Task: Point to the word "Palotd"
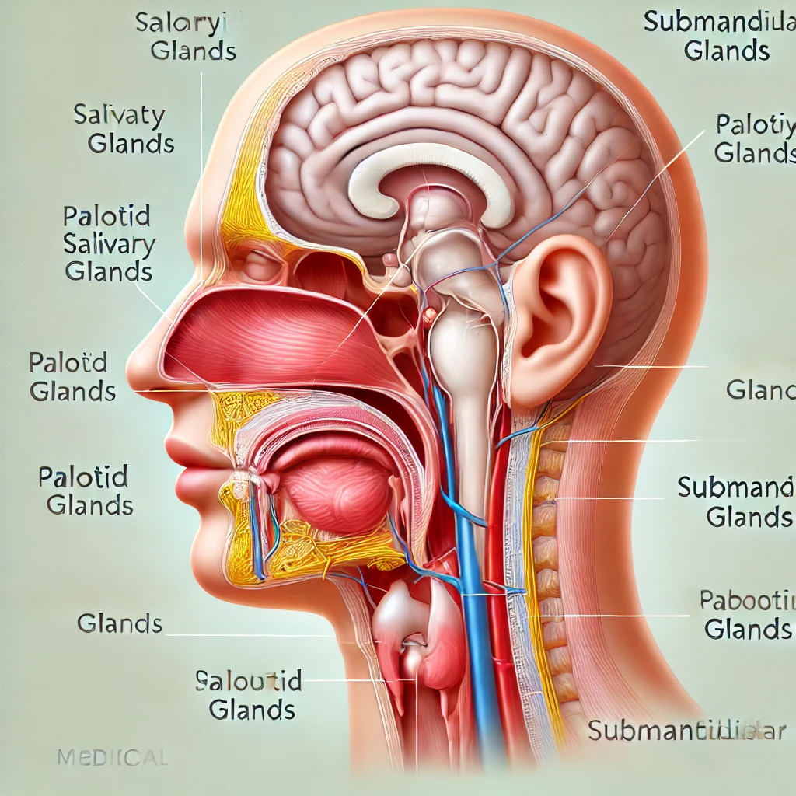pos(68,362)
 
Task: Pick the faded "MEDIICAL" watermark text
pos(112,756)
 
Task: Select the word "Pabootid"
pos(746,600)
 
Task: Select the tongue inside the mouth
pos(334,490)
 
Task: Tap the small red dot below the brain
pos(428,315)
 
